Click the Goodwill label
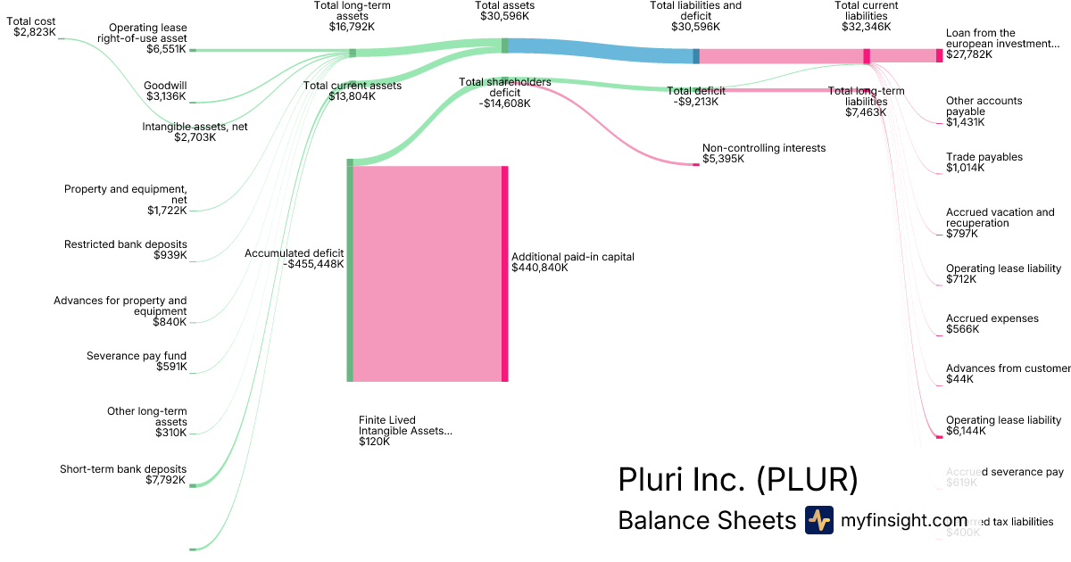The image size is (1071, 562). pos(165,86)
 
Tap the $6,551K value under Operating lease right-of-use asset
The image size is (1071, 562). pos(167,49)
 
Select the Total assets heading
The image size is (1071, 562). pos(504,5)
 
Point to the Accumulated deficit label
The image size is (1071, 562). pos(295,253)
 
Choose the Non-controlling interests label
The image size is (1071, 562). pos(764,148)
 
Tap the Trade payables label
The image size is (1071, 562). pos(984,157)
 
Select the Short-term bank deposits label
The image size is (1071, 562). pos(123,469)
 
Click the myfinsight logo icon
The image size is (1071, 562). pos(818,520)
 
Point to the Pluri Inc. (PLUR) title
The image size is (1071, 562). pos(737,480)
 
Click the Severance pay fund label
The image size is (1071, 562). pos(137,356)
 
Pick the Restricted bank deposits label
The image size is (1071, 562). pos(126,244)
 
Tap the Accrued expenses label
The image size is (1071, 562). pos(992,318)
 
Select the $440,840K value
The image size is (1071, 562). pos(540,268)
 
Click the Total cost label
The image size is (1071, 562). pos(32,21)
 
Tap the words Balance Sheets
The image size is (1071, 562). pos(706,521)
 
